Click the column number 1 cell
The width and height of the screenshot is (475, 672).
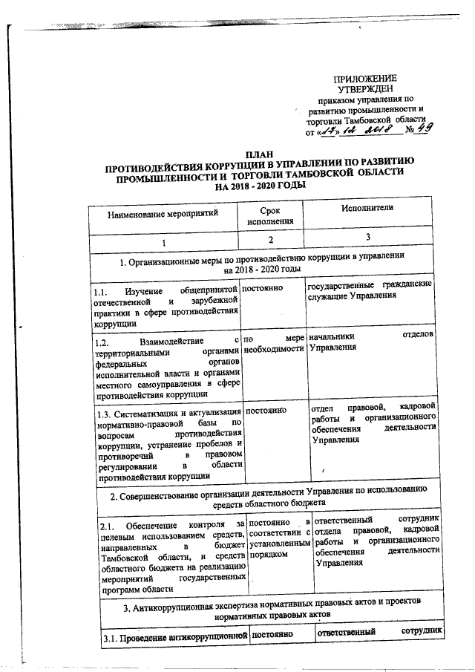coord(164,243)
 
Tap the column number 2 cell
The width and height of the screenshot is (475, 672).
coord(272,240)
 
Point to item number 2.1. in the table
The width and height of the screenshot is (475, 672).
coord(108,526)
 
